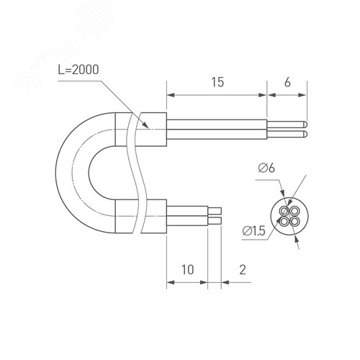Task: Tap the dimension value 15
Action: pos(217,83)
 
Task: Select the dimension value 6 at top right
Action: pos(288,83)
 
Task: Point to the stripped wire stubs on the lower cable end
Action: pos(216,213)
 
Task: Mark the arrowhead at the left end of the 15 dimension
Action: pos(170,94)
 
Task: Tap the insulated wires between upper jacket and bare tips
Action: pos(216,130)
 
